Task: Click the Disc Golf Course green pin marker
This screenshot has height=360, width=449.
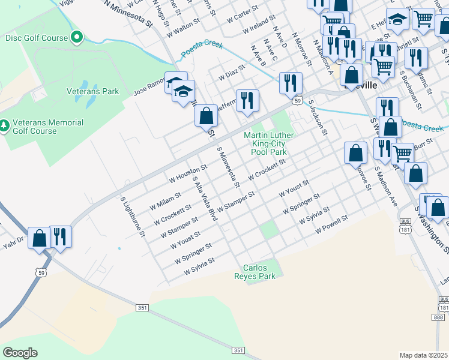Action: (76, 38)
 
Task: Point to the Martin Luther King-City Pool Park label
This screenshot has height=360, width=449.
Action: (268, 144)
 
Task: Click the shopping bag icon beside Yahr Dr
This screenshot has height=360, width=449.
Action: (40, 238)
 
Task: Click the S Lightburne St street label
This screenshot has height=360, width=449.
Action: (133, 216)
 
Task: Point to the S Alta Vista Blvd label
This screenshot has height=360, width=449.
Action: (204, 197)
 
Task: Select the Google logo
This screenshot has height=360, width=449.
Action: (20, 353)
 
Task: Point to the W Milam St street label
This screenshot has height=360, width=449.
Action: (165, 200)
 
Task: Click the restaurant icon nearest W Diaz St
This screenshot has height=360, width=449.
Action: (247, 100)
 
